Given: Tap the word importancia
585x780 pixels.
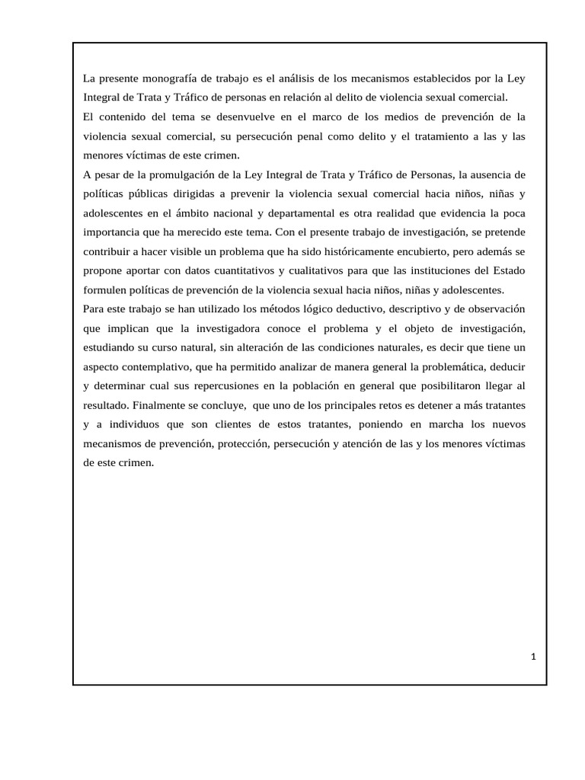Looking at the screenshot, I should pyautogui.click(x=110, y=232).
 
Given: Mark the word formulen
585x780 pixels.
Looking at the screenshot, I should pyautogui.click(x=107, y=289).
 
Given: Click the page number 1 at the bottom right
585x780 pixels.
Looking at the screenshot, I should pyautogui.click(x=534, y=657).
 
